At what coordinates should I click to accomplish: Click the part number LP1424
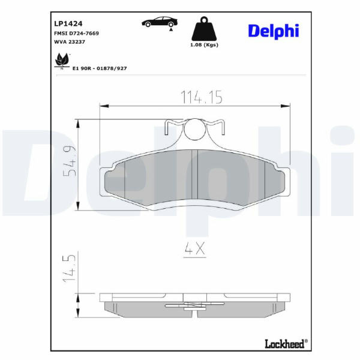[68, 23]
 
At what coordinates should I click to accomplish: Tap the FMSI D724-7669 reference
[76, 33]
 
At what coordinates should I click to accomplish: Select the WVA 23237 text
[70, 42]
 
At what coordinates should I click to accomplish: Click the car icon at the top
[160, 22]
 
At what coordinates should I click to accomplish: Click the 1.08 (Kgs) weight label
[204, 45]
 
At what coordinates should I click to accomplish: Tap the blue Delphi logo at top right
[274, 31]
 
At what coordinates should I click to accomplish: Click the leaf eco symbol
[62, 61]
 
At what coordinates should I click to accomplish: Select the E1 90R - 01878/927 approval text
[100, 68]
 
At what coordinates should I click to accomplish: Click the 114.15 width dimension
[202, 97]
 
